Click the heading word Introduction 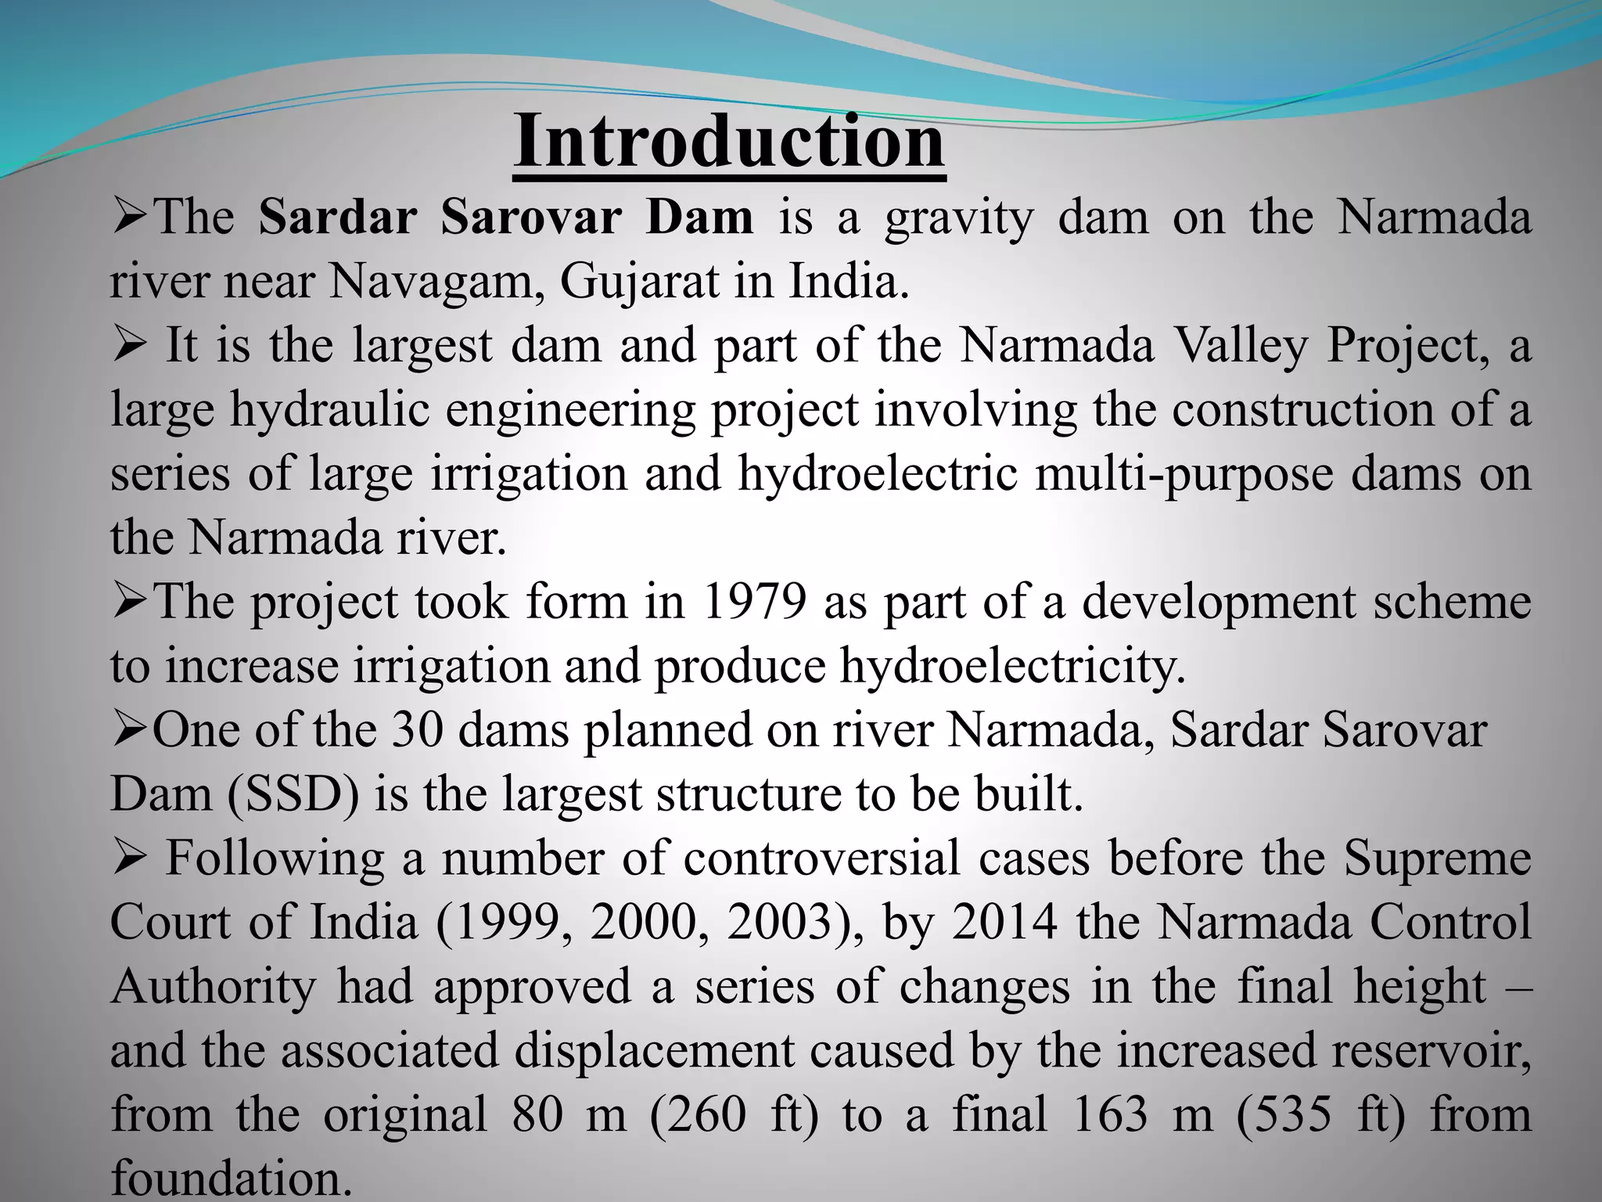coord(729,141)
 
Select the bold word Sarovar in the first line coord(530,217)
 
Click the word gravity coord(959,218)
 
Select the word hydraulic coord(329,409)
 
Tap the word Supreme coord(1437,858)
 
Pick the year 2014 coord(1004,923)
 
